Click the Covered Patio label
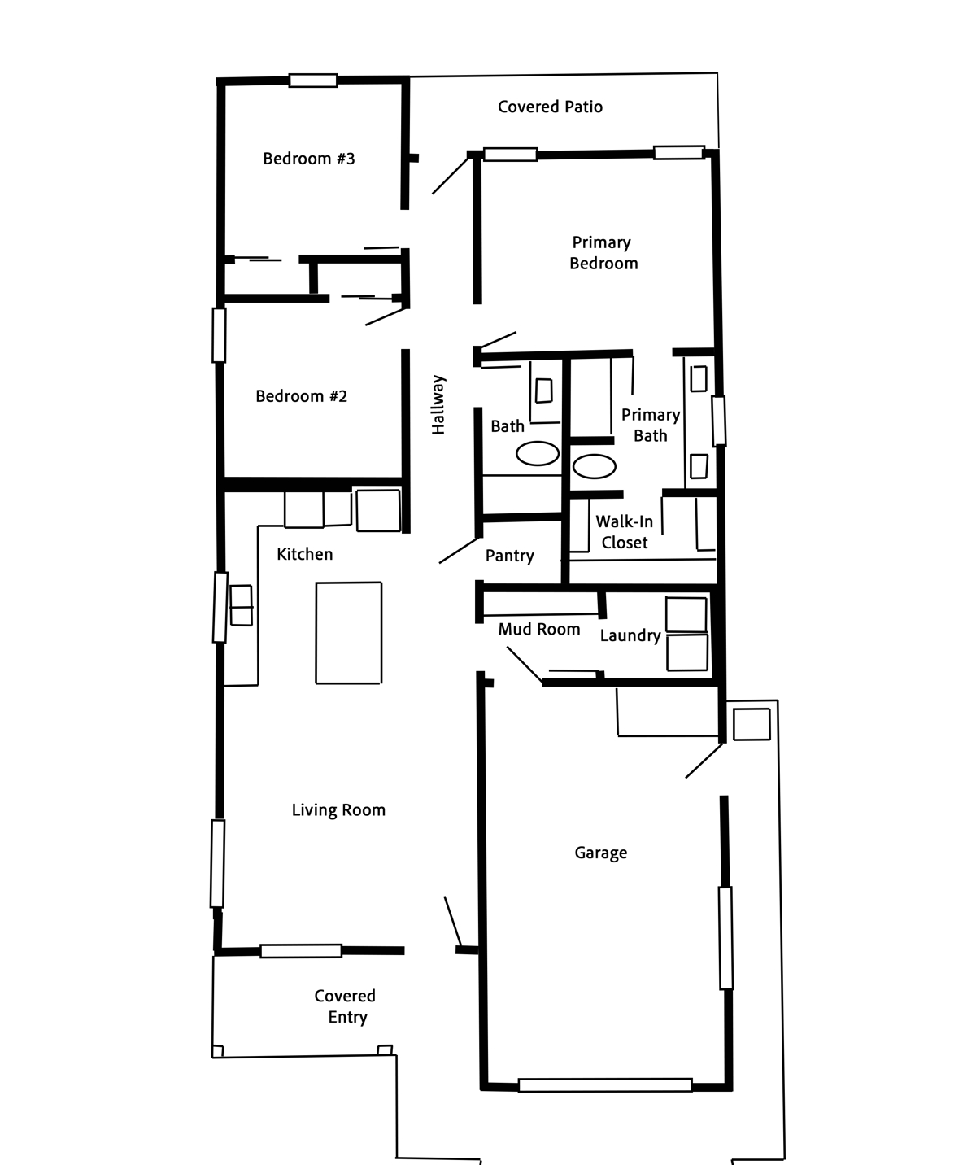click(x=550, y=107)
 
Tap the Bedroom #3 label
click(x=308, y=159)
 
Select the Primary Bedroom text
click(x=603, y=253)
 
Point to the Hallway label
click(x=438, y=404)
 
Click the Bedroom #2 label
click(x=301, y=396)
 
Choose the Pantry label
click(x=509, y=556)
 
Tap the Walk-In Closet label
click(x=624, y=532)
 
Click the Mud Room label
click(x=538, y=630)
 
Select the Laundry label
click(x=630, y=635)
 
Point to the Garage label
click(x=601, y=853)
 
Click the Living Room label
click(x=338, y=810)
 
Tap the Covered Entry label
click(x=345, y=1006)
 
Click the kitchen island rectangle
click(x=349, y=633)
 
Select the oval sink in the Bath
click(x=537, y=453)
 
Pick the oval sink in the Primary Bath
click(x=595, y=466)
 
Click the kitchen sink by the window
click(x=242, y=605)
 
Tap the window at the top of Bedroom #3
click(x=313, y=81)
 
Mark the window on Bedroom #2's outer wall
click(x=219, y=335)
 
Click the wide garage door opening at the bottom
click(x=605, y=1085)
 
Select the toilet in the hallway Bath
click(x=544, y=391)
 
